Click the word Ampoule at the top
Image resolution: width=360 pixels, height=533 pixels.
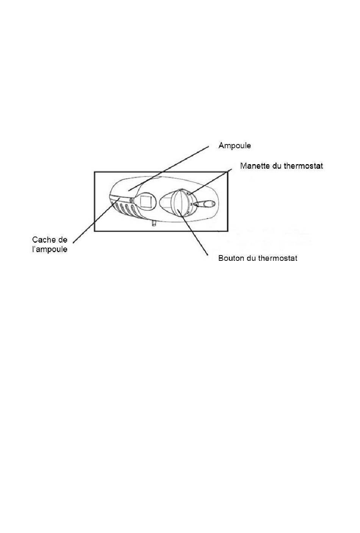click(x=235, y=146)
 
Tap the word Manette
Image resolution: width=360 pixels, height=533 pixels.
click(x=254, y=166)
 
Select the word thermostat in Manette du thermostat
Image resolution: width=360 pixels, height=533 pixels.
click(x=303, y=166)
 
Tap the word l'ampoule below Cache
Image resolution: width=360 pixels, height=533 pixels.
click(x=50, y=249)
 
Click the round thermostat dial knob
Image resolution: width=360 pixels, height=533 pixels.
click(x=180, y=201)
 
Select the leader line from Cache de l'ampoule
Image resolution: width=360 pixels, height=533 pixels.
click(x=91, y=224)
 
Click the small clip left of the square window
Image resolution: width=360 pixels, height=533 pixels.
click(x=131, y=200)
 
